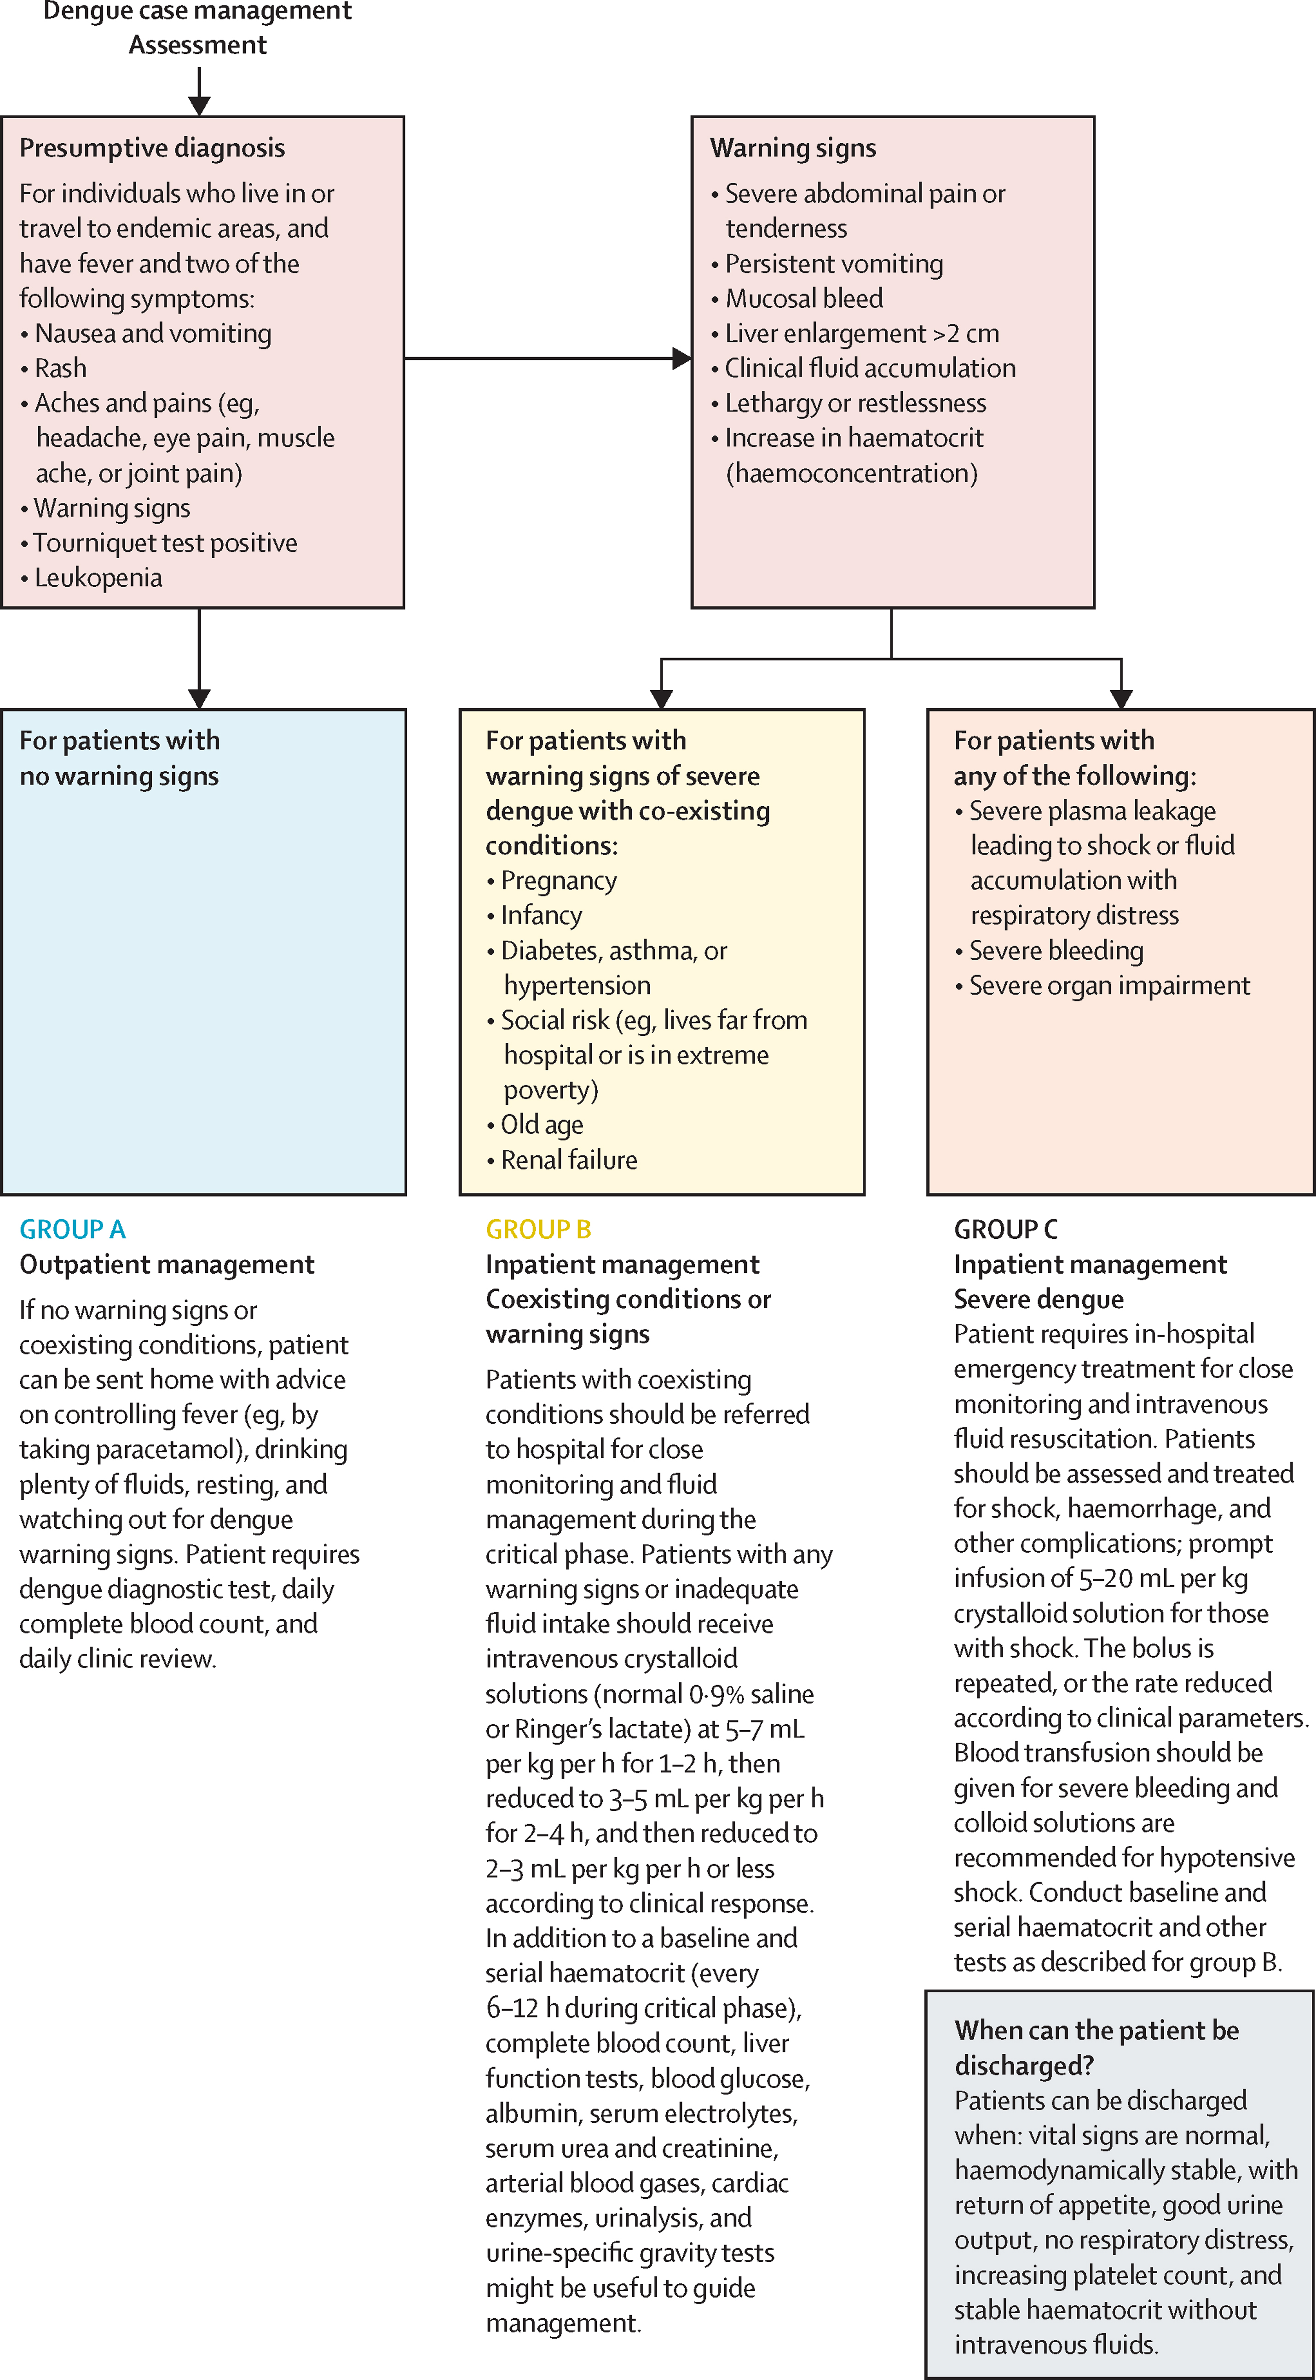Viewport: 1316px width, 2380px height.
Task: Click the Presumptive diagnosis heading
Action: coord(152,148)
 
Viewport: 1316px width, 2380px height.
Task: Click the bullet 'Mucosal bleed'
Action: coord(797,299)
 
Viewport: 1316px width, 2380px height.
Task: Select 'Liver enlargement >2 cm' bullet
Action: coord(855,334)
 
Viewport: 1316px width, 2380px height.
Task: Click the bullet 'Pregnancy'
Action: coord(552,880)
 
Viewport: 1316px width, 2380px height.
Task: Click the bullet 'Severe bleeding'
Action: coord(1049,951)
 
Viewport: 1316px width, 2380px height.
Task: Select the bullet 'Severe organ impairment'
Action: coord(1102,986)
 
